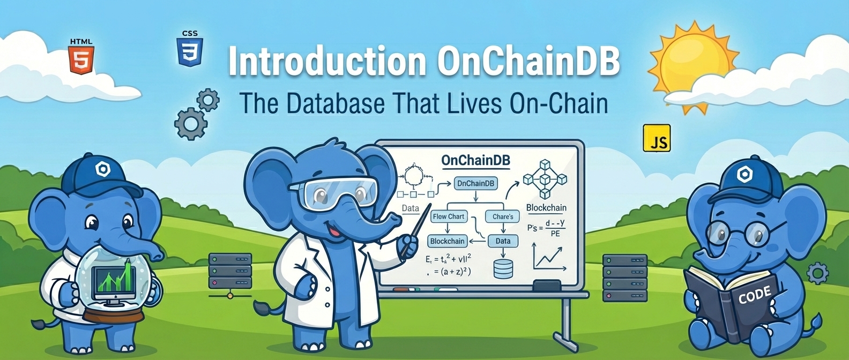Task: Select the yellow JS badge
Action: coord(657,139)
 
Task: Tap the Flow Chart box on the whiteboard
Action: coord(449,216)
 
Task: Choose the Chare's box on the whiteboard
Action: coord(502,216)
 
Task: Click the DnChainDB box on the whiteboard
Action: coord(475,183)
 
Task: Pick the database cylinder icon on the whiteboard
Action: coord(503,269)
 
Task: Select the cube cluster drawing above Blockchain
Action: coord(545,179)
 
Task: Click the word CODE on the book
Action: coord(754,295)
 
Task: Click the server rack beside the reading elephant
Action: coord(624,277)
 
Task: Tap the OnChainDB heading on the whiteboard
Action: coord(475,160)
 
